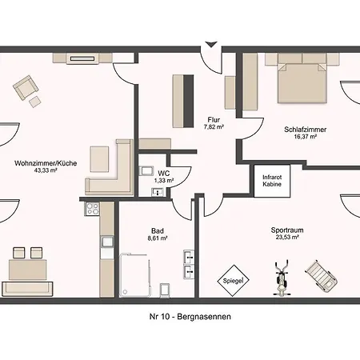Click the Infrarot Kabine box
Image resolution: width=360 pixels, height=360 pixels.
coord(272,181)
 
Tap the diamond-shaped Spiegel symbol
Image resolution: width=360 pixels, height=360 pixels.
coord(233,281)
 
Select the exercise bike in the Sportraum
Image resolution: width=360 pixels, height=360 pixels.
coord(282,278)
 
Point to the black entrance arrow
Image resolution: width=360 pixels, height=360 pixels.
coord(211,44)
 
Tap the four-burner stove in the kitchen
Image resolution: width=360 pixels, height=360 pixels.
coord(92,209)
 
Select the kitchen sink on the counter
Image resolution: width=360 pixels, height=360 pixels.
coord(107,242)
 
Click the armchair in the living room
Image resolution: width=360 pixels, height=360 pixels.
coord(26,87)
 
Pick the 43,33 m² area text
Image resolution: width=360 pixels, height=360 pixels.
coord(46,170)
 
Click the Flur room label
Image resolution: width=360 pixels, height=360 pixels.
coord(214,120)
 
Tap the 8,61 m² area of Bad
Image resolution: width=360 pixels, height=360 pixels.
coord(158,238)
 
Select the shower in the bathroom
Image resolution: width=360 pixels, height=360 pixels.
coord(134,275)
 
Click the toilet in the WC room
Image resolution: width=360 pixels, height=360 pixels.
coord(146,170)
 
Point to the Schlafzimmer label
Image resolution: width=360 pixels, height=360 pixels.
coord(305,130)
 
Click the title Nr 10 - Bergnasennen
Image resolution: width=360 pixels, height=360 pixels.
coord(190,317)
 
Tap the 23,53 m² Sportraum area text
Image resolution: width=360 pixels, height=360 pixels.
coord(287,237)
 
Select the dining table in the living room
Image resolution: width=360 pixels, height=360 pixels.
coord(28,270)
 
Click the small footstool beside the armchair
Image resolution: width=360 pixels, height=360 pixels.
coord(35,102)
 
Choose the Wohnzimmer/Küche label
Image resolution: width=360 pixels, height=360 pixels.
coord(46,163)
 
